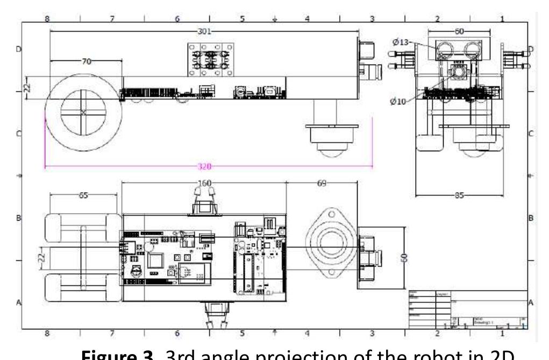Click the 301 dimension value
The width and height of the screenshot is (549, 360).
pyautogui.click(x=204, y=31)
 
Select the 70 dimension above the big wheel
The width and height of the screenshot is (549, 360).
pyautogui.click(x=86, y=61)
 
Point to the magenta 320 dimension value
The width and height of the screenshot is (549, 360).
pyautogui.click(x=205, y=167)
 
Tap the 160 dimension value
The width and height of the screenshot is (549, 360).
pyautogui.click(x=204, y=183)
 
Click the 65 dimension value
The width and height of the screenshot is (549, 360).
pyautogui.click(x=83, y=195)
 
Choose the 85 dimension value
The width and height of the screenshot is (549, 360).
pyautogui.click(x=459, y=195)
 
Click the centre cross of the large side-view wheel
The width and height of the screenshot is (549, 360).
pyautogui.click(x=83, y=112)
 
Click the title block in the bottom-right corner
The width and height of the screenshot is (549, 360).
pyautogui.click(x=467, y=309)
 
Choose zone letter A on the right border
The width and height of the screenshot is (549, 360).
pyautogui.click(x=531, y=303)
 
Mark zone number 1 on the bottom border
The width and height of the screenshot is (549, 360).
pyautogui.click(x=503, y=334)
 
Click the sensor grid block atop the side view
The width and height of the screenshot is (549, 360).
pyautogui.click(x=211, y=59)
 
